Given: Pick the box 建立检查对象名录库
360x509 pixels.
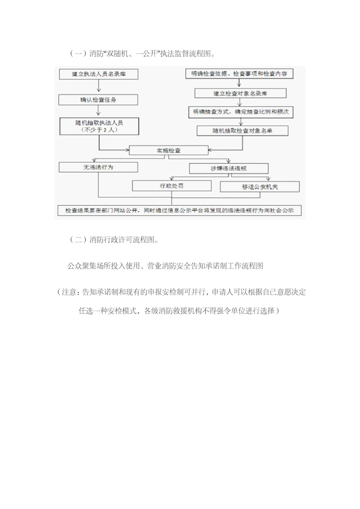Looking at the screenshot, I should pyautogui.click(x=241, y=93).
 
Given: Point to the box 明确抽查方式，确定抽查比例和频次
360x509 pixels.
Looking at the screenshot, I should pyautogui.click(x=241, y=112).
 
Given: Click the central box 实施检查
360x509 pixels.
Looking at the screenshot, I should pyautogui.click(x=168, y=150).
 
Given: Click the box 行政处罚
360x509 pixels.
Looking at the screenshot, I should pyautogui.click(x=172, y=186).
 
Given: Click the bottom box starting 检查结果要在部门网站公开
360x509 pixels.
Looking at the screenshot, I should pyautogui.click(x=180, y=211).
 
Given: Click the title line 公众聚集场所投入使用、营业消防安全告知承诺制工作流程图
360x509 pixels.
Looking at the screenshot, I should pyautogui.click(x=165, y=266).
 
